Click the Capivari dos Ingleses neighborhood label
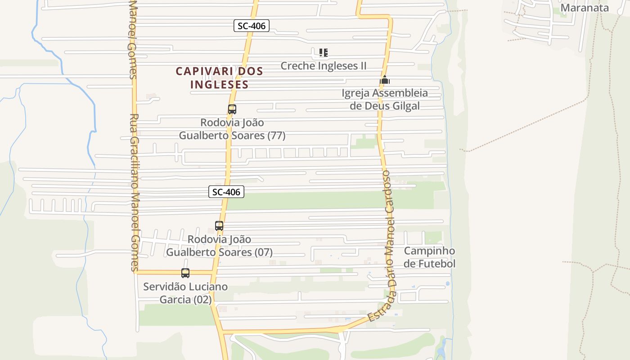[x=219, y=77]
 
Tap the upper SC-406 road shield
[x=252, y=26]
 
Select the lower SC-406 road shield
[x=226, y=192]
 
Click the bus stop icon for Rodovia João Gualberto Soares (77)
[x=232, y=109]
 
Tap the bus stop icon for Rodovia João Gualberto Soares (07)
[x=219, y=226]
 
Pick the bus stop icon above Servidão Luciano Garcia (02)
[x=185, y=273]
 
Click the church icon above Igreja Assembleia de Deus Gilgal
[x=385, y=80]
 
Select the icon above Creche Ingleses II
[x=323, y=53]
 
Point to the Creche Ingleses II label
[x=324, y=66]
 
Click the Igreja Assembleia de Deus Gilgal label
[x=385, y=99]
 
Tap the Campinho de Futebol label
[x=429, y=257]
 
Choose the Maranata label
[x=585, y=7]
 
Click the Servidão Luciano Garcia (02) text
[x=185, y=293]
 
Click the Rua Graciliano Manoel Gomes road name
[x=135, y=193]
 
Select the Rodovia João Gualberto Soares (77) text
[x=232, y=129]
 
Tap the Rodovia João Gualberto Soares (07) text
[x=220, y=246]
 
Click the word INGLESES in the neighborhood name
[x=220, y=84]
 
